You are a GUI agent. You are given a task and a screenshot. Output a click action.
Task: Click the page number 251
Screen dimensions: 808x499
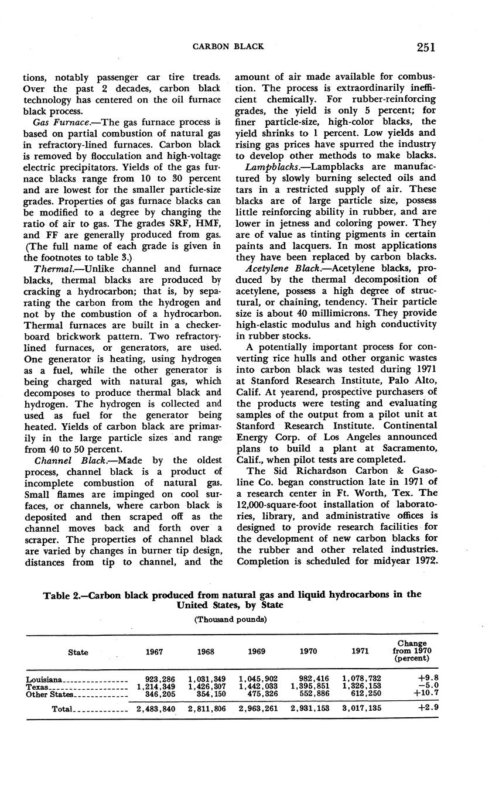426,47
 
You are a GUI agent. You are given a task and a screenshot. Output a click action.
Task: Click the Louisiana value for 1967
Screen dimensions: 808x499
160,679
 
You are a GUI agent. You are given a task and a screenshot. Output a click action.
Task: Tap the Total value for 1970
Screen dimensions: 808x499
310,708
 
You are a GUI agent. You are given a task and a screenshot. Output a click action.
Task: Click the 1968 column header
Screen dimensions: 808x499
206,652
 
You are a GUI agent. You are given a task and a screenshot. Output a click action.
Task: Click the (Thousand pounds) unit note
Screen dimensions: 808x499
230,619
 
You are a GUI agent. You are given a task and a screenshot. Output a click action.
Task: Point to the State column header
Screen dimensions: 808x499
78,652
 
